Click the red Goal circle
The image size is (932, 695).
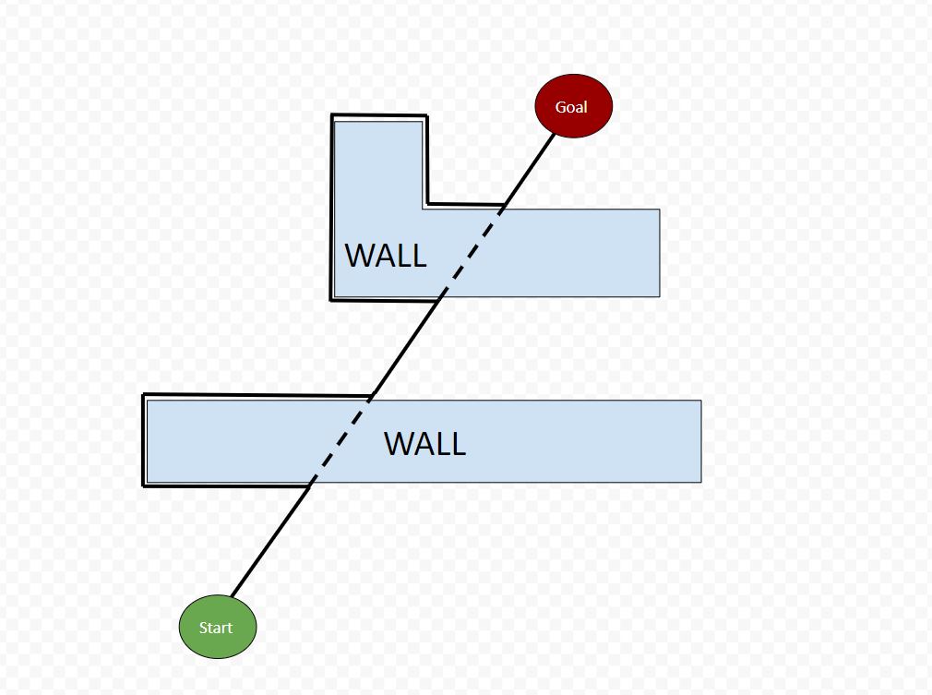pos(573,106)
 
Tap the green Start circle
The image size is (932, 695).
pos(217,628)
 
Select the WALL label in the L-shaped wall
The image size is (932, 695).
pos(386,256)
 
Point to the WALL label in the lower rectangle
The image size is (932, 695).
pos(424,444)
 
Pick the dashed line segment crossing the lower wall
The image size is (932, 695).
pos(339,441)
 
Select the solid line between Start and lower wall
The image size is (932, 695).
pos(269,540)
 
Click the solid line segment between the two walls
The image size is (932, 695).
pos(407,346)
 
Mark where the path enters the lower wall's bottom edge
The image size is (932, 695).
pos(308,483)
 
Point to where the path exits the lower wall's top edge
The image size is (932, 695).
pos(371,399)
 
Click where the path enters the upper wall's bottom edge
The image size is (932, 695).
pos(441,298)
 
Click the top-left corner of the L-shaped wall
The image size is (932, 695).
pos(333,117)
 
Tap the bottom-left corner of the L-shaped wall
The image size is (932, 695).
pos(332,298)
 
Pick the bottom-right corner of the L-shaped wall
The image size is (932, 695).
pos(659,296)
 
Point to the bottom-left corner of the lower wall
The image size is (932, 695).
pos(145,485)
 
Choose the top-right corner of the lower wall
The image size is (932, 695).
pos(700,401)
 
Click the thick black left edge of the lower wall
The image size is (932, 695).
pos(144,440)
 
